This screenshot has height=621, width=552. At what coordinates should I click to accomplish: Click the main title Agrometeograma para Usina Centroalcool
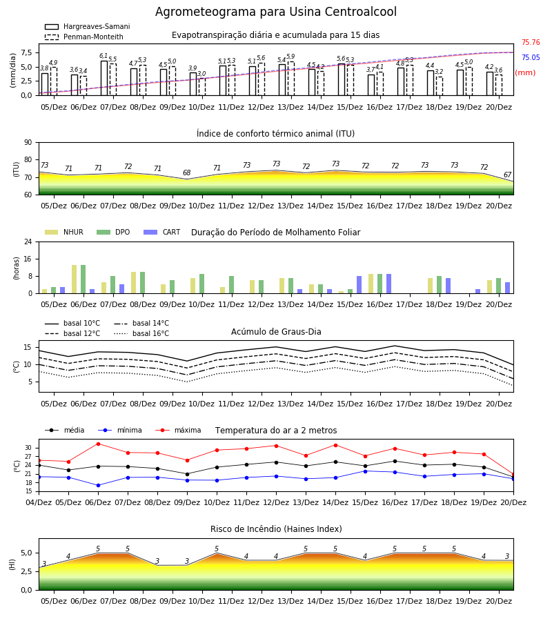tap(275, 12)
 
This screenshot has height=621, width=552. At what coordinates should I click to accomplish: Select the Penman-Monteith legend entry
tap(84, 37)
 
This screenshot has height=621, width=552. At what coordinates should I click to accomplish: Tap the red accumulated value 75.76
tap(531, 42)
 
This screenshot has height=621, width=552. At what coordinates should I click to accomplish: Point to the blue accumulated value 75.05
tap(531, 57)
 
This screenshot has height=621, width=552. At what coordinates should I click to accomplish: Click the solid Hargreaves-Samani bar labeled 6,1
tap(104, 78)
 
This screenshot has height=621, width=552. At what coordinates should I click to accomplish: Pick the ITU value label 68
tap(186, 172)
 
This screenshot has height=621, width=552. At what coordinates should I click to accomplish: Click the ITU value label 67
tap(507, 175)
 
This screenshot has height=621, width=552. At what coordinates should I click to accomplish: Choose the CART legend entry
tap(161, 232)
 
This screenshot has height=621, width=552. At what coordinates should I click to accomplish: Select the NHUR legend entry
tap(63, 232)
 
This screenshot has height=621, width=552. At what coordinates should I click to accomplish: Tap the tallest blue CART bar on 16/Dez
tap(389, 284)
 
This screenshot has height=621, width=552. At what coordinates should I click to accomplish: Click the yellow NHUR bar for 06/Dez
tap(74, 279)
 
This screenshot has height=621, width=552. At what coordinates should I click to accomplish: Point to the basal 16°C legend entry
tap(141, 333)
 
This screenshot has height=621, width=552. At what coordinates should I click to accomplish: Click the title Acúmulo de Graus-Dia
tap(276, 331)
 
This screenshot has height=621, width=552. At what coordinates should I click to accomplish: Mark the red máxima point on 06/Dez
tap(98, 444)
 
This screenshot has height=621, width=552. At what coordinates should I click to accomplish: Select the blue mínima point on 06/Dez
tap(98, 485)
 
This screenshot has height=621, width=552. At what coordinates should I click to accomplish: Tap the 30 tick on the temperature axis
tap(28, 448)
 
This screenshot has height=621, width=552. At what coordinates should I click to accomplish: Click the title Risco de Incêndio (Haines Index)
tap(276, 529)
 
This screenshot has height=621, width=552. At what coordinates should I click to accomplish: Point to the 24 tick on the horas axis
tap(28, 241)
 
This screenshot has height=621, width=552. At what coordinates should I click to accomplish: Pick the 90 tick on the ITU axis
tap(28, 142)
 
